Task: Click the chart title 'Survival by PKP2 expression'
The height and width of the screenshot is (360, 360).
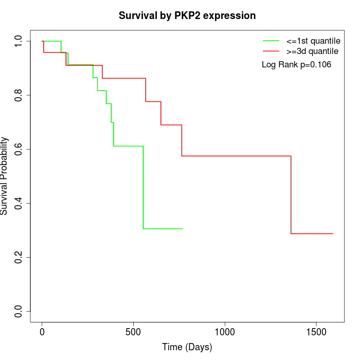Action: [187, 15]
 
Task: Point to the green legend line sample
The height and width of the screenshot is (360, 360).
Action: [271, 41]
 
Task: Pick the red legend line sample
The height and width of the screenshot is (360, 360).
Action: [271, 51]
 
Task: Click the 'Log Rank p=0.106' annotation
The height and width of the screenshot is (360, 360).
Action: [296, 65]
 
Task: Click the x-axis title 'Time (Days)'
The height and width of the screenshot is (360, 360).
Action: [187, 347]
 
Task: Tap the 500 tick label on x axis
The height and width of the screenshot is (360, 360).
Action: [134, 332]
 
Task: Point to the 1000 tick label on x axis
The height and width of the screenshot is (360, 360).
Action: [225, 332]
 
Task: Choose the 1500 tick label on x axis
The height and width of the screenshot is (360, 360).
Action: [316, 332]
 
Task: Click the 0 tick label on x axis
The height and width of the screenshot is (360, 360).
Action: [42, 332]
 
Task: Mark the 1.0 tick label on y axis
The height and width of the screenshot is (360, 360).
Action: [19, 41]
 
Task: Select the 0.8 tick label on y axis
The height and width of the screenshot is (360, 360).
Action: [19, 95]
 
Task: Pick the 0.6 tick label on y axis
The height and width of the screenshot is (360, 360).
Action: [19, 149]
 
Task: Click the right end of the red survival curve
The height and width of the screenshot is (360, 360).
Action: [333, 233]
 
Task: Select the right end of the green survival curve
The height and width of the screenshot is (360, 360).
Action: [183, 228]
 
